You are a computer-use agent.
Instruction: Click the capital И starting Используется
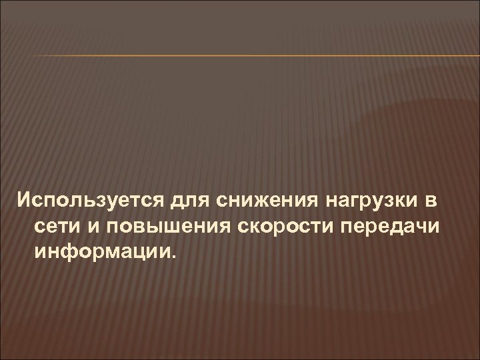pyautogui.click(x=24, y=199)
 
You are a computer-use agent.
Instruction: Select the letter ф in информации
pyautogui.click(x=68, y=252)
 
